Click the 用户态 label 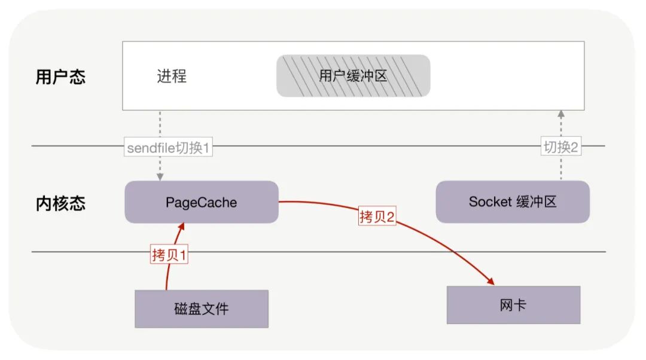tap(60, 77)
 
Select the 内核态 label tap(60, 203)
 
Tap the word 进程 tap(172, 77)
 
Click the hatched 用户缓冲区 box tap(353, 76)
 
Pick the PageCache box tap(201, 202)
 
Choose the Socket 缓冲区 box tap(513, 202)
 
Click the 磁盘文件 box tap(201, 309)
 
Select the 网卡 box tap(513, 305)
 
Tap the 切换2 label tap(560, 147)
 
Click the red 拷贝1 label tap(170, 255)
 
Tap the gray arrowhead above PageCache tap(160, 177)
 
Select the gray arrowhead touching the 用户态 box tap(561, 114)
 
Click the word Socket tap(488, 202)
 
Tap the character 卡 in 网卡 tap(520, 305)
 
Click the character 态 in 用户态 tap(77, 77)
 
